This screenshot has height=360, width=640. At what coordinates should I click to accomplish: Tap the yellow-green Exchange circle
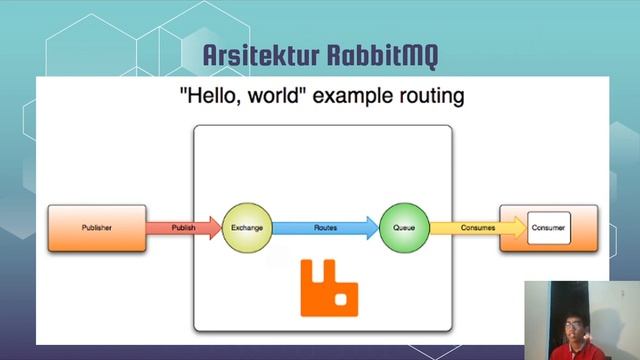tap(247, 228)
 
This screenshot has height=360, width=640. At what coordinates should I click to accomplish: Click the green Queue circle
tap(405, 228)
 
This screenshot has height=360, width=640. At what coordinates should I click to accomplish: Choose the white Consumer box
tap(549, 228)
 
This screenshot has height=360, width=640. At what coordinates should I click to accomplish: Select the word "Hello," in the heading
tap(208, 98)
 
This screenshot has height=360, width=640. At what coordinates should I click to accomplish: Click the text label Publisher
tap(97, 228)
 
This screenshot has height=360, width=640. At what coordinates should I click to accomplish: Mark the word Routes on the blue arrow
tap(325, 228)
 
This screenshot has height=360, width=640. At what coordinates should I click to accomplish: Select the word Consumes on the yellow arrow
tap(477, 228)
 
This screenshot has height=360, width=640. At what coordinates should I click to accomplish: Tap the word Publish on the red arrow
tap(183, 228)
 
